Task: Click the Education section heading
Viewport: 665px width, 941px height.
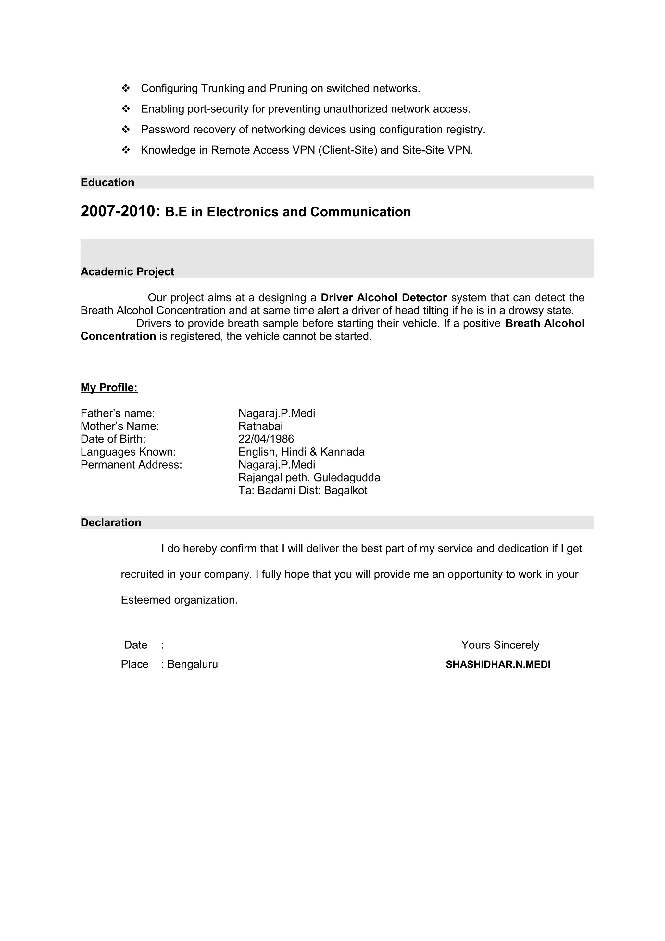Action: tap(107, 182)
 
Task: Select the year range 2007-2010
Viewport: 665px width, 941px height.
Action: tap(119, 211)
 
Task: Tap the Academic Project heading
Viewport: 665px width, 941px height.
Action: tap(127, 272)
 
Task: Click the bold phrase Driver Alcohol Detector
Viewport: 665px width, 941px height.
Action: tap(383, 297)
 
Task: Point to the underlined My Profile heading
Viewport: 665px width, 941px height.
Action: tap(109, 388)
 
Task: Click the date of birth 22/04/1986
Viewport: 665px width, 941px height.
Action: tap(266, 439)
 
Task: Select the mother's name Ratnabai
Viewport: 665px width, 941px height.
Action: tap(261, 426)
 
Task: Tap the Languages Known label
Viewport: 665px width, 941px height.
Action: tap(128, 452)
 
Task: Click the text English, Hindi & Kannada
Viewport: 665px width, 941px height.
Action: tap(301, 452)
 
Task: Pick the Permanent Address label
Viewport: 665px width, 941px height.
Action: tap(131, 465)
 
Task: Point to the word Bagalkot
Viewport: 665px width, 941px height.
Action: tap(345, 491)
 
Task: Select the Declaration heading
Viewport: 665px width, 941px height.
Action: tap(111, 522)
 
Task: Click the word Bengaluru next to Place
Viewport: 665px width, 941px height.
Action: tap(193, 664)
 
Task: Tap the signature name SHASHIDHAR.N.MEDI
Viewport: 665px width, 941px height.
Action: tap(498, 665)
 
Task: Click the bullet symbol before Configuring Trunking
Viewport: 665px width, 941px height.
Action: tap(126, 88)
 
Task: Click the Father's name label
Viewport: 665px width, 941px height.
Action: tap(118, 413)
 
